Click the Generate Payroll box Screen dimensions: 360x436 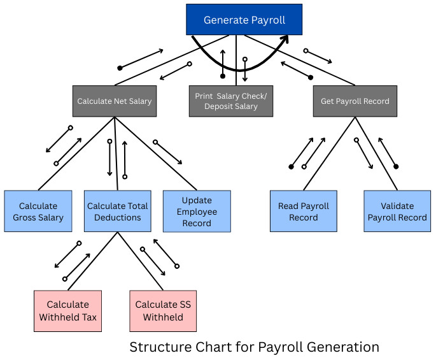pos(244,20)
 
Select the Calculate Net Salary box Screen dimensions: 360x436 pos(115,101)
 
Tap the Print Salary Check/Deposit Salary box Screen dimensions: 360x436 pos(231,101)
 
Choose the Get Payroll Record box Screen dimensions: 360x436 pos(355,101)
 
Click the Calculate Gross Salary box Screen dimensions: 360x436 pos(38,212)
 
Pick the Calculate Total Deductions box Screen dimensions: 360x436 pos(118,212)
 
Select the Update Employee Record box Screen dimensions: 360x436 pos(197,211)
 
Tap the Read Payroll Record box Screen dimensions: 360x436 pos(304,212)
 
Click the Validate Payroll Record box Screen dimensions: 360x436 pos(397,212)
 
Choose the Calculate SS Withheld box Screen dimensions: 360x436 pos(163,311)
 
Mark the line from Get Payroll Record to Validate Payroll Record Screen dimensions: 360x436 pos(376,153)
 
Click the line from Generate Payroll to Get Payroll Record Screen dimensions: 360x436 pos(299,60)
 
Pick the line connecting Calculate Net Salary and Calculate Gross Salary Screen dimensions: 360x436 pos(76,153)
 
